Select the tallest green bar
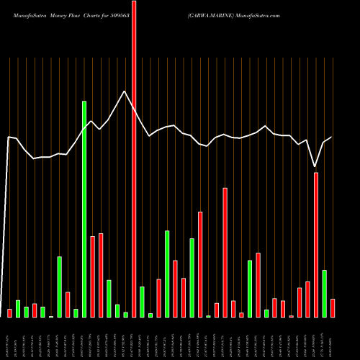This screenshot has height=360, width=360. coord(84,209)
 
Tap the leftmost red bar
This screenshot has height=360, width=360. coord(9,312)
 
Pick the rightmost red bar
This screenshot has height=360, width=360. coord(332,307)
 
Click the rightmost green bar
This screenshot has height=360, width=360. coord(324,293)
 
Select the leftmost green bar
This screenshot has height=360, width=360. coord(18,308)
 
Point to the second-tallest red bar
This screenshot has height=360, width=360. coord(315,245)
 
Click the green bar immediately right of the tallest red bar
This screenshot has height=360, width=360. coord(142,302)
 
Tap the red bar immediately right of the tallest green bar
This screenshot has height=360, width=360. coord(92,276)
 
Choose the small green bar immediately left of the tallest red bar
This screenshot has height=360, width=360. coord(125,315)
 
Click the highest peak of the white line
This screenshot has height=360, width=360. coord(125,91)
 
